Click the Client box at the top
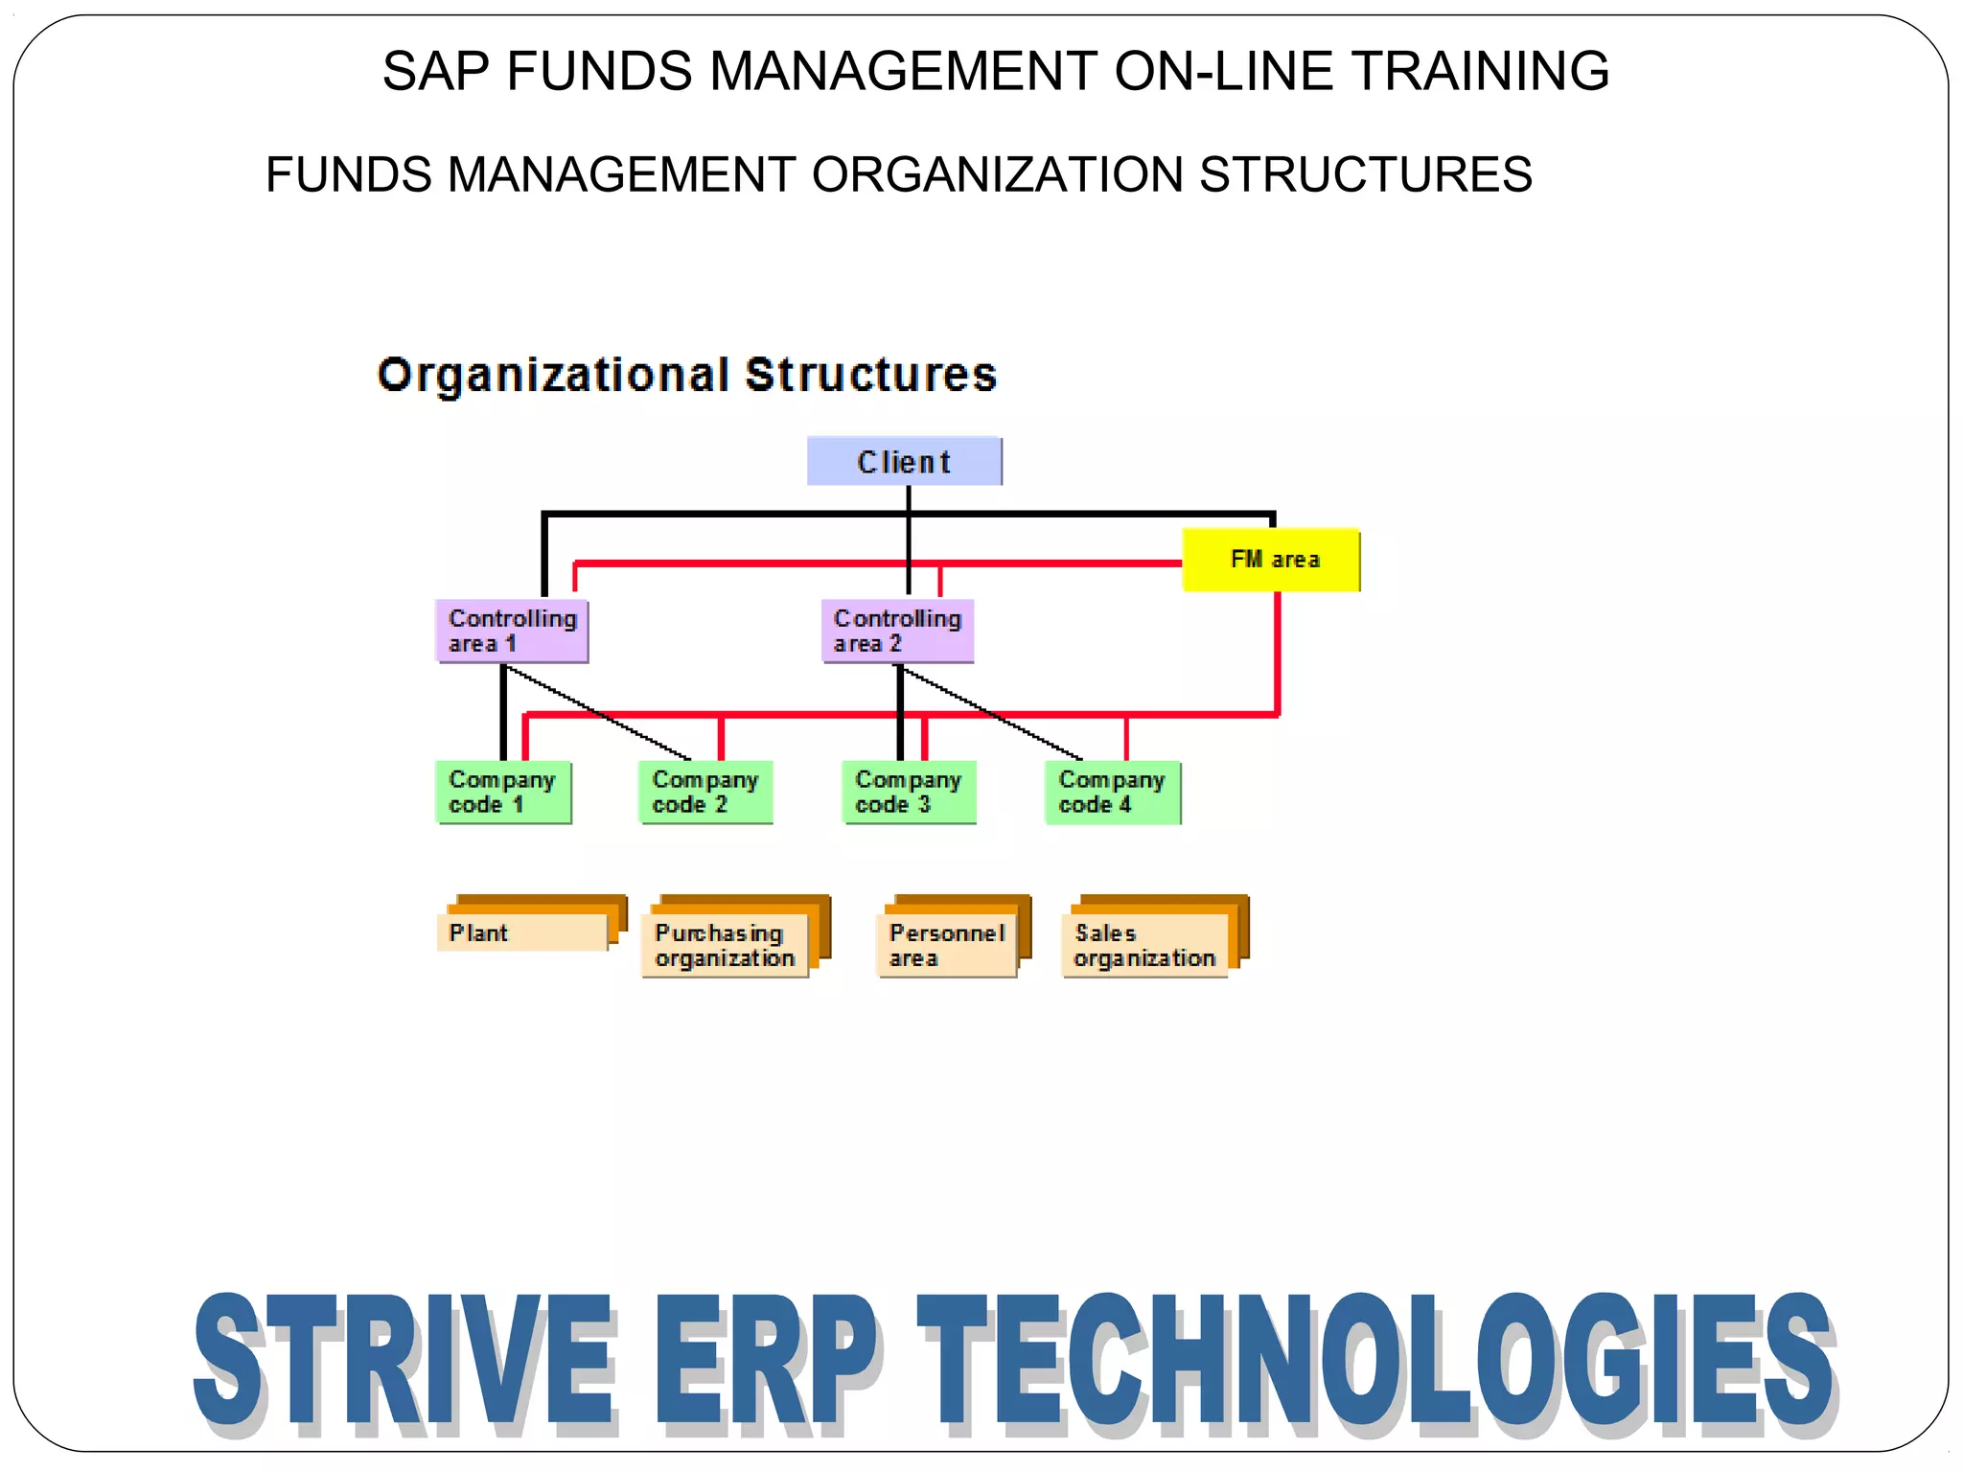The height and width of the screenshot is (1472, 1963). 904,462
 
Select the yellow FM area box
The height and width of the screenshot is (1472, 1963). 1271,560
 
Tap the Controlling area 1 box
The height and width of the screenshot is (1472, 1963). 512,631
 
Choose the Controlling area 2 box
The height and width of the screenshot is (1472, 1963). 897,631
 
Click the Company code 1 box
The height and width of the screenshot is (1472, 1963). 503,792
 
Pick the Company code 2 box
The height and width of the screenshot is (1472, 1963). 705,792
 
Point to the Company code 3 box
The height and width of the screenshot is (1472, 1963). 909,792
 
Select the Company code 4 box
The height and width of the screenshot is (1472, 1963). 1112,792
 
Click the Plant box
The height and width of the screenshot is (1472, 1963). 522,932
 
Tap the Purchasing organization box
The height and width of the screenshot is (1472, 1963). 725,945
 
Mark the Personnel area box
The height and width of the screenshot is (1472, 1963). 946,945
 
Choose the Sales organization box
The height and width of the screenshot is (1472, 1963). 1144,945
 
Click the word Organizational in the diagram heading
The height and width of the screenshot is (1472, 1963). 553,375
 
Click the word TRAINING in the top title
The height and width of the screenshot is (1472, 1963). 1480,71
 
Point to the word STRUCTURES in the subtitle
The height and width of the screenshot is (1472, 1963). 1365,174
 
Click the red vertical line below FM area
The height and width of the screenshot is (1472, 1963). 1278,652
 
